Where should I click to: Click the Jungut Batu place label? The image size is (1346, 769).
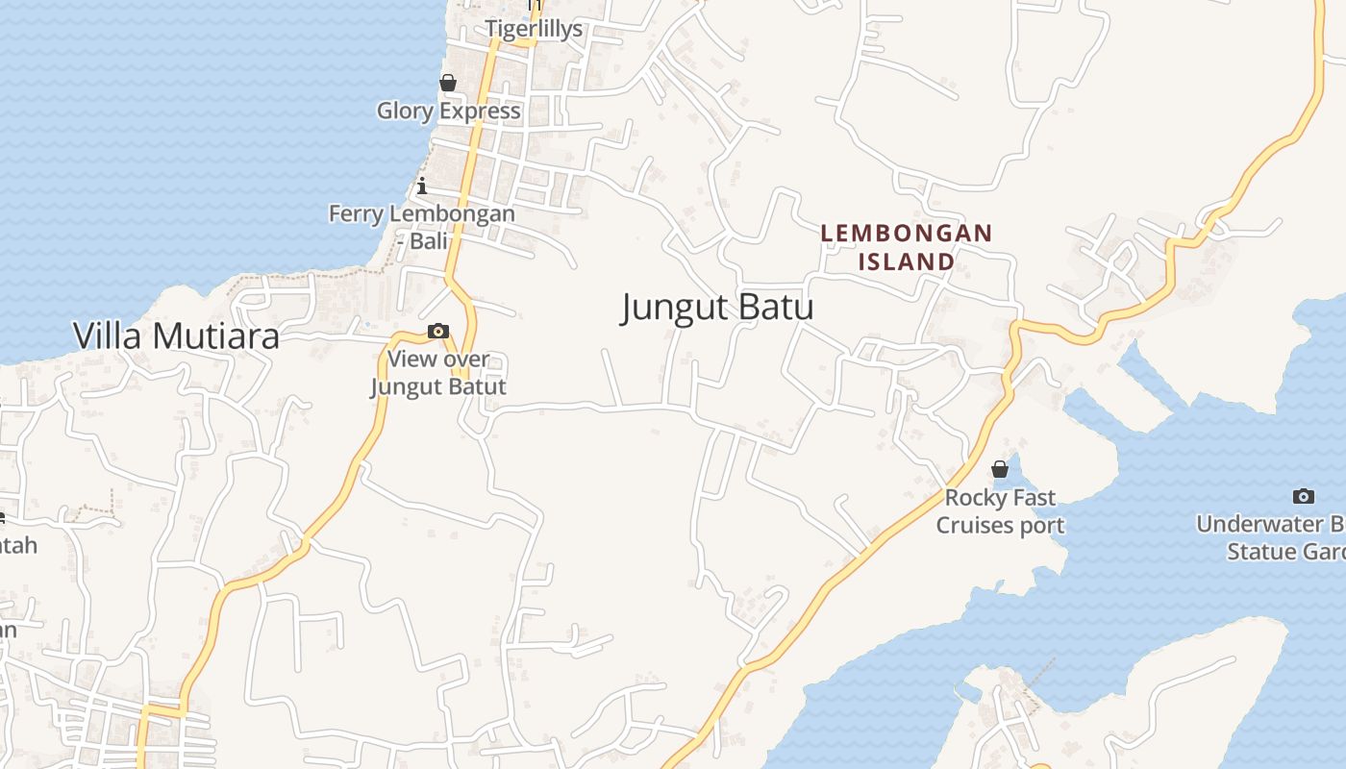pyautogui.click(x=717, y=308)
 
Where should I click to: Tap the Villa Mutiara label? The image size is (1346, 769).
pyautogui.click(x=176, y=335)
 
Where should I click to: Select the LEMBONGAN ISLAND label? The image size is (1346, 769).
pyautogui.click(x=906, y=247)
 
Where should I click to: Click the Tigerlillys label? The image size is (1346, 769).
pyautogui.click(x=534, y=29)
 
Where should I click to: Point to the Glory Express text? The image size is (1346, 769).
pyautogui.click(x=448, y=111)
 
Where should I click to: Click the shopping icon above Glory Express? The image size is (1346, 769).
pyautogui.click(x=448, y=84)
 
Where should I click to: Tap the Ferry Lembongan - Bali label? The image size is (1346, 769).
pyautogui.click(x=422, y=227)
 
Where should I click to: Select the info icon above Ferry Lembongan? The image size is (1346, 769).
pyautogui.click(x=422, y=186)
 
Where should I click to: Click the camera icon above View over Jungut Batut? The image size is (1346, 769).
pyautogui.click(x=438, y=332)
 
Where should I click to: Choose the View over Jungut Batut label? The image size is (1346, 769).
pyautogui.click(x=438, y=373)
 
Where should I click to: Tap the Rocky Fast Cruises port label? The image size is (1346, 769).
pyautogui.click(x=1000, y=511)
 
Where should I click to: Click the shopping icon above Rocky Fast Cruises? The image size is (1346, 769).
pyautogui.click(x=1000, y=469)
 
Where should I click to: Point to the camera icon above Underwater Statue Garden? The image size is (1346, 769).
pyautogui.click(x=1304, y=496)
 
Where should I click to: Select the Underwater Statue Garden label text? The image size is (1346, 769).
pyautogui.click(x=1274, y=538)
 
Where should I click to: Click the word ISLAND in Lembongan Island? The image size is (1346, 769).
pyautogui.click(x=906, y=261)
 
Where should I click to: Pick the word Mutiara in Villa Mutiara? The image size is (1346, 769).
pyautogui.click(x=216, y=335)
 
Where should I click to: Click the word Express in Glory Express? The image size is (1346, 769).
pyautogui.click(x=480, y=111)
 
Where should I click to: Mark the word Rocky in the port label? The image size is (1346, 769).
pyautogui.click(x=972, y=498)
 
